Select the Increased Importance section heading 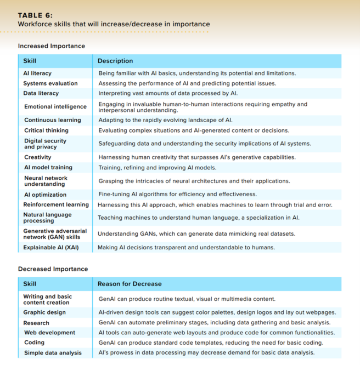(x=52, y=46)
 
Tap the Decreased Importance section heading (x=53, y=269)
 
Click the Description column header (x=115, y=61)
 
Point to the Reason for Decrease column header (x=130, y=284)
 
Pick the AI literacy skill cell (x=37, y=73)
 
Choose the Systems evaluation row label (x=50, y=83)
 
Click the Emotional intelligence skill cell (x=55, y=107)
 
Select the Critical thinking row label (x=46, y=130)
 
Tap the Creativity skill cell (x=38, y=157)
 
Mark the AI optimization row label (x=45, y=195)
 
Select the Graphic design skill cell (x=44, y=312)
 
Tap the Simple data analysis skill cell (x=53, y=353)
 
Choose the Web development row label (x=50, y=333)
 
